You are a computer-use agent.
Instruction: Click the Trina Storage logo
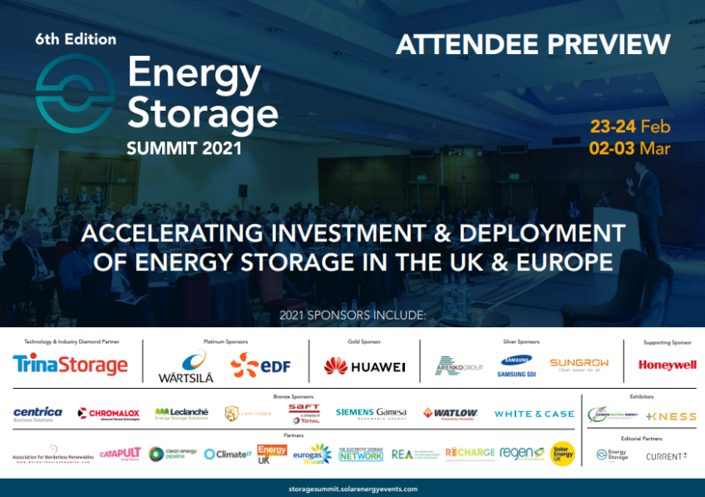coord(71,365)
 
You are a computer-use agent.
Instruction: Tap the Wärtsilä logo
coord(185,366)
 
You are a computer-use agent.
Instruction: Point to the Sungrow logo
coord(579,365)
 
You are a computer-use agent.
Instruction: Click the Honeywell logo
coord(667,365)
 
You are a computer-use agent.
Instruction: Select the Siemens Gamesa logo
coord(371,413)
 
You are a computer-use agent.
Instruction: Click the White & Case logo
coord(534,414)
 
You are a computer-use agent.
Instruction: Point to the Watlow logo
coord(451,413)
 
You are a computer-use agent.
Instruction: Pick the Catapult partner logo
coord(121,453)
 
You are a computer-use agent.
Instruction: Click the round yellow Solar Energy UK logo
coord(563,453)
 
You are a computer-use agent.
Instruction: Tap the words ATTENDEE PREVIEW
coord(533,44)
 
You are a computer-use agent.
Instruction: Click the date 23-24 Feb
coord(629,127)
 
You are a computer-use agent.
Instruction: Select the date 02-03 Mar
coord(629,149)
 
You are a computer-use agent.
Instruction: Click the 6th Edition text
coord(76,39)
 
